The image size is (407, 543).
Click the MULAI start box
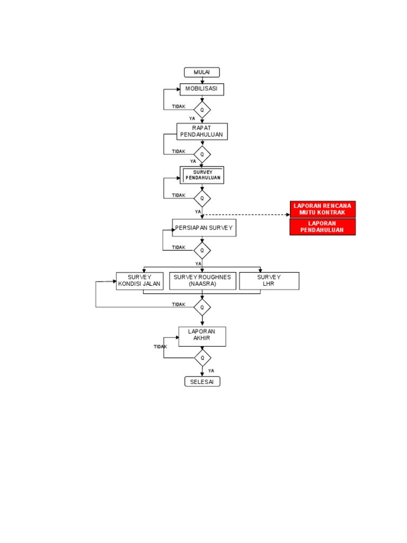(x=201, y=73)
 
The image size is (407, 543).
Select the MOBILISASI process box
(x=201, y=89)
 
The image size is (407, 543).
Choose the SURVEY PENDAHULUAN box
(x=202, y=175)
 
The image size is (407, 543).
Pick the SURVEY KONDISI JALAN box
(x=139, y=281)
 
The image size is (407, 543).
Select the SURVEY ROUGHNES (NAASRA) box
(x=202, y=281)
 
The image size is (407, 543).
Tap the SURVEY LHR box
(x=269, y=281)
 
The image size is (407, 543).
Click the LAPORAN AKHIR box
(x=202, y=336)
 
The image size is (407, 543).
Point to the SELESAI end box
(x=202, y=382)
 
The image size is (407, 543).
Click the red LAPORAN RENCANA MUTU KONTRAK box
(x=322, y=209)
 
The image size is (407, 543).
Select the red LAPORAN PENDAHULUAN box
(x=322, y=227)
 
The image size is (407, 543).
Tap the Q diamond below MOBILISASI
(x=202, y=110)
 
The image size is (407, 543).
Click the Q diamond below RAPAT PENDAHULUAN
(x=202, y=154)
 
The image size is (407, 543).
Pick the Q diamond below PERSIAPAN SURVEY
(x=202, y=250)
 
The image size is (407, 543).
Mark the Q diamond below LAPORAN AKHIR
(x=202, y=357)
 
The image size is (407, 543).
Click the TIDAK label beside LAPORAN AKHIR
(x=161, y=347)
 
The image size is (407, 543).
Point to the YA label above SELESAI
(x=211, y=371)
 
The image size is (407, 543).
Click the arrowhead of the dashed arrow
(x=288, y=215)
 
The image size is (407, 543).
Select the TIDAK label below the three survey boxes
(x=179, y=304)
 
